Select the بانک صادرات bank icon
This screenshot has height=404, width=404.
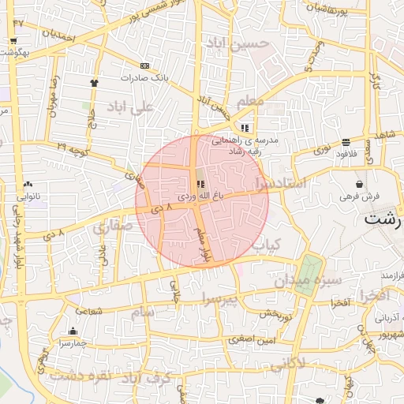tap(144, 65)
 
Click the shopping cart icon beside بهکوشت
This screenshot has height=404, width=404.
tap(14, 41)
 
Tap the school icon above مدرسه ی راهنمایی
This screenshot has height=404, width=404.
tap(245, 126)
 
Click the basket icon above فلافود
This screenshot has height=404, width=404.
tap(346, 142)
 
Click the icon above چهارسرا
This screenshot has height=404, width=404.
tap(73, 331)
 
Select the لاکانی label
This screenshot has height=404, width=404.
tap(290, 365)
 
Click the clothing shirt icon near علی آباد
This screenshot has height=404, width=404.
tap(95, 82)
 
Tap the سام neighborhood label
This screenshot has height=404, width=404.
tap(143, 313)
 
